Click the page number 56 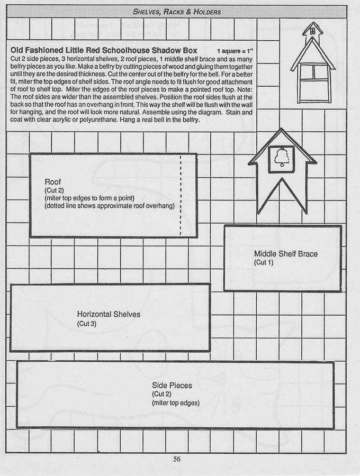tap(176, 459)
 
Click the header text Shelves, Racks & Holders tap(177, 12)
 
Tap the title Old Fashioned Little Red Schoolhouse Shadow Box tap(104, 50)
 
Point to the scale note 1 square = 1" tap(235, 51)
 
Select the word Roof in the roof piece tap(52, 182)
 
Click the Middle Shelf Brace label tap(286, 254)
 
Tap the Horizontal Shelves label tap(109, 314)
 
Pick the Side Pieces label tap(172, 386)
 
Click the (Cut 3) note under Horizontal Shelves tap(87, 324)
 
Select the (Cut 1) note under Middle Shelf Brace tap(264, 262)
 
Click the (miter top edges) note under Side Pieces tap(176, 403)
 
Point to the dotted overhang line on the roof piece tap(181, 196)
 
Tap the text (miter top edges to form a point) tap(89, 198)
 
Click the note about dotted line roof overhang tap(110, 206)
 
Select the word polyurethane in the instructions tap(97, 120)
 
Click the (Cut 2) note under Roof tap(54, 190)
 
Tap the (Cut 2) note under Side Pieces tap(161, 394)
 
